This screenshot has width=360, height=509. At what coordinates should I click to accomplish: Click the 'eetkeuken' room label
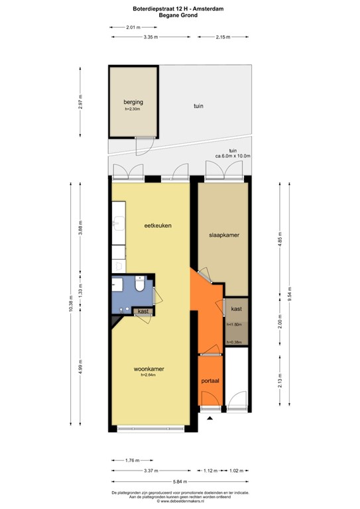click(158, 225)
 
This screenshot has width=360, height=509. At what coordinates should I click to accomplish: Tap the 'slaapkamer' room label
click(223, 235)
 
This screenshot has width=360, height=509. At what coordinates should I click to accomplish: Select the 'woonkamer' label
click(149, 368)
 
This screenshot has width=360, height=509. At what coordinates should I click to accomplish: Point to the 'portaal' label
click(211, 382)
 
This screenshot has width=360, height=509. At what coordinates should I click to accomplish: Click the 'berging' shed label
click(133, 103)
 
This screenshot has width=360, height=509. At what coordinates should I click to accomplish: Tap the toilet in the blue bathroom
click(140, 285)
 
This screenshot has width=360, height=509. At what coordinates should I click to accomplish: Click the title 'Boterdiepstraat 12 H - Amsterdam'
click(180, 9)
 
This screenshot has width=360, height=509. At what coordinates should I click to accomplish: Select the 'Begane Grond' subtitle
click(180, 15)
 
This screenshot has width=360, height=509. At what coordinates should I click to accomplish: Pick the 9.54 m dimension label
click(290, 297)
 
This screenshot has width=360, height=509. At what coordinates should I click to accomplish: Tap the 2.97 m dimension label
click(80, 107)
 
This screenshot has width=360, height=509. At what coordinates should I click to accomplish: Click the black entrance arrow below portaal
click(210, 418)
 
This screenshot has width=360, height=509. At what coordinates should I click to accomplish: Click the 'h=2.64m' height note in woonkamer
click(147, 375)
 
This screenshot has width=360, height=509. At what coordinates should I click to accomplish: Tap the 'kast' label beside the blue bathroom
click(143, 311)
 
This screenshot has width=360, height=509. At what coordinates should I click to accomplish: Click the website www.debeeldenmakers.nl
click(180, 501)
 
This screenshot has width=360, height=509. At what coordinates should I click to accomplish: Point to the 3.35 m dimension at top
click(150, 37)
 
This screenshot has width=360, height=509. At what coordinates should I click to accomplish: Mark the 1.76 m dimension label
click(132, 460)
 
